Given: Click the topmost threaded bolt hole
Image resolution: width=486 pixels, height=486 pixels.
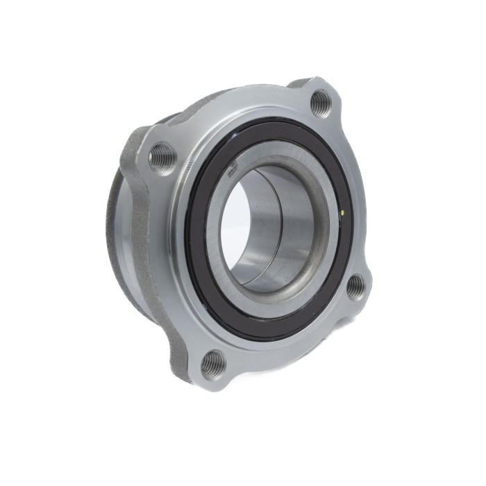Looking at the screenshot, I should pos(319,103).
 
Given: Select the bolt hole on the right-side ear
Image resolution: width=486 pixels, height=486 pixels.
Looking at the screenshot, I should pos(355,287).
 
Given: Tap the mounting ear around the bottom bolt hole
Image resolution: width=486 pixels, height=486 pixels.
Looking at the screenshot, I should pos(201,375).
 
